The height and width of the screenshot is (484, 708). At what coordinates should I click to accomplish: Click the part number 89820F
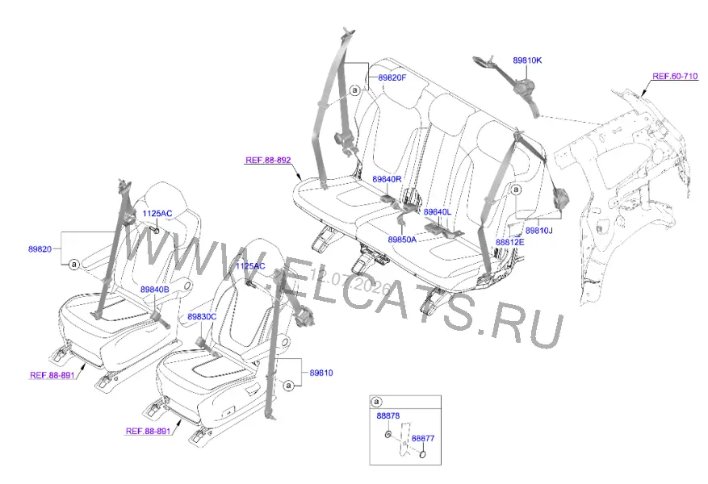click(392, 77)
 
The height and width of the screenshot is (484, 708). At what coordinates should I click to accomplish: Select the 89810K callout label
click(527, 60)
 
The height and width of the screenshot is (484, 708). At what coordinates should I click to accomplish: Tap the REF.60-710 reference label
click(675, 77)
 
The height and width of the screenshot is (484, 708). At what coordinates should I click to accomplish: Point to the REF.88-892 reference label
click(268, 161)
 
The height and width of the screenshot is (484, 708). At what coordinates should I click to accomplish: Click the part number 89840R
click(387, 179)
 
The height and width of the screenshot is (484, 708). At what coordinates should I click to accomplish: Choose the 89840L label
click(437, 212)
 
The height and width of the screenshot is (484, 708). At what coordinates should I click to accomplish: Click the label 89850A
click(402, 240)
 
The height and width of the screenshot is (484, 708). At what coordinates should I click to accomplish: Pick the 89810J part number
click(539, 231)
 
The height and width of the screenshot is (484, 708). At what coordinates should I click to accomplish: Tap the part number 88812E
click(509, 242)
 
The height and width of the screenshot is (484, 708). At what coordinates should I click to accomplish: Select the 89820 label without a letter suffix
click(40, 249)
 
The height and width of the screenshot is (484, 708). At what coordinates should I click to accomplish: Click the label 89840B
click(154, 290)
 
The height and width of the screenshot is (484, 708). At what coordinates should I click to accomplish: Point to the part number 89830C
click(202, 317)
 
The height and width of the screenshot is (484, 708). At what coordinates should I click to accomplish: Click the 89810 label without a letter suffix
click(321, 373)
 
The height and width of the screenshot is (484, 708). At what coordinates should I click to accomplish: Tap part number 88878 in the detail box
click(388, 416)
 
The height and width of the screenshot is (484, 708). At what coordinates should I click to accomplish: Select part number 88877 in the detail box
click(423, 438)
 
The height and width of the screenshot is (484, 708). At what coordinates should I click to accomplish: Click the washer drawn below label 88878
click(388, 434)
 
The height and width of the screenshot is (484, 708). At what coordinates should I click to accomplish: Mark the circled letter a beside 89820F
click(355, 90)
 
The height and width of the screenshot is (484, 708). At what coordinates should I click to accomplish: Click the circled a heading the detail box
click(376, 402)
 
